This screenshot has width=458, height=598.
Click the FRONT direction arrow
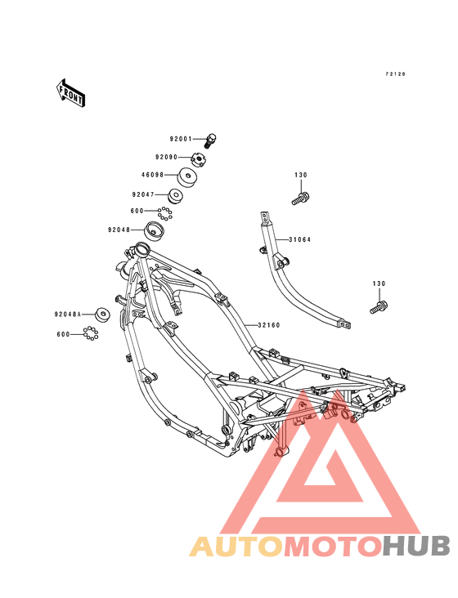tap(70, 92)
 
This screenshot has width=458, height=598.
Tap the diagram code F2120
tap(395, 74)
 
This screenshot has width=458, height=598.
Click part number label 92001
tap(181, 139)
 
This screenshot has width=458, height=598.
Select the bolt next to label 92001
tap(210, 141)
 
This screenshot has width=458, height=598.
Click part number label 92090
tap(166, 157)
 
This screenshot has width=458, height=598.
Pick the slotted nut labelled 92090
tap(198, 158)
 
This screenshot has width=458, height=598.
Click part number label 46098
tap(153, 175)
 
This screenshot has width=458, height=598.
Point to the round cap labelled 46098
tap(187, 177)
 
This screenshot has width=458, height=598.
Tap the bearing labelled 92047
tap(176, 196)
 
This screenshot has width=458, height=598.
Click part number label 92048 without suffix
tap(119, 230)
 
